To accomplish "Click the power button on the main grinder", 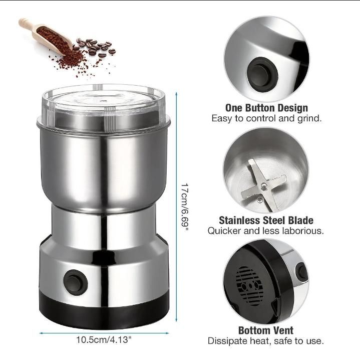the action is tap(75, 282).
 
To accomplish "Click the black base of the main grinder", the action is tap(104, 310).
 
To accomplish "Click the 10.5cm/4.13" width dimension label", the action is tap(104, 340).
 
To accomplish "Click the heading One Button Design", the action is tap(266, 108).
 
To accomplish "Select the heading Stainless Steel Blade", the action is tap(266, 220).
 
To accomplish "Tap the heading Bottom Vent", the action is tap(266, 330).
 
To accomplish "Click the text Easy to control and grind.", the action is tap(266, 118).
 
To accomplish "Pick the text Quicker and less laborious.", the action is tap(266, 231).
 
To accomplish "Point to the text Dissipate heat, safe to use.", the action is tap(266, 341).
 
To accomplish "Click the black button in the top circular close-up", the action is tap(262, 74).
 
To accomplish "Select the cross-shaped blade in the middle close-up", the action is tap(264, 186).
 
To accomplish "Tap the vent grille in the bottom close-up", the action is tap(250, 286).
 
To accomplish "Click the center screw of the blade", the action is tap(264, 186).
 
